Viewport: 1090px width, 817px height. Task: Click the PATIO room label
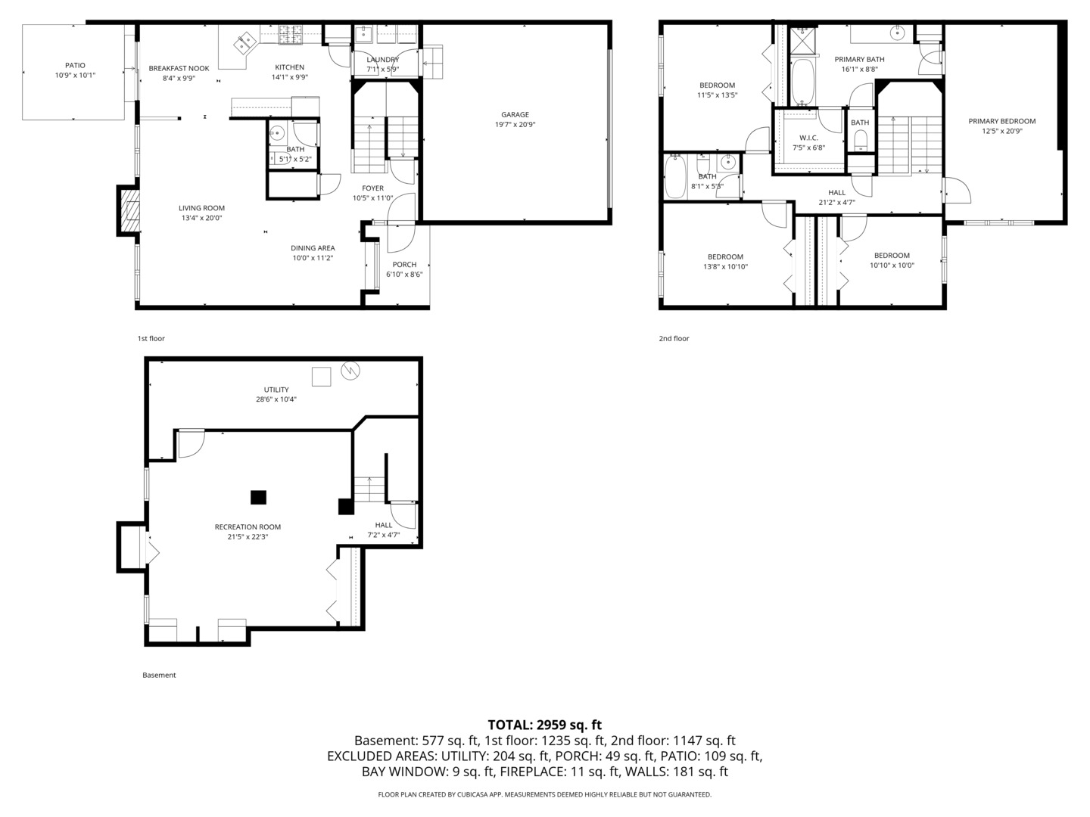coord(74,66)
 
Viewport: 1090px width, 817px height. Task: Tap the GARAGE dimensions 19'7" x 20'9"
coord(515,125)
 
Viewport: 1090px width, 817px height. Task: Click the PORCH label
coord(404,264)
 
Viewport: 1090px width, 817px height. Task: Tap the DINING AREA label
coord(313,248)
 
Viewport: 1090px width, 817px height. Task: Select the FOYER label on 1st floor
coord(372,188)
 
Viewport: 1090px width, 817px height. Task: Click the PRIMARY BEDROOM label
coord(1001,121)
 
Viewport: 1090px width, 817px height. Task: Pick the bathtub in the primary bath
coord(802,82)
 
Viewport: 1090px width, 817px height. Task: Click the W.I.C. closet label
coord(808,138)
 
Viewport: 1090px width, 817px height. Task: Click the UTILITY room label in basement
coord(276,390)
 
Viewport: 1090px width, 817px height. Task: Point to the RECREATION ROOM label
coord(248,527)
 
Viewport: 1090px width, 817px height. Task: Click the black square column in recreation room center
coord(258,497)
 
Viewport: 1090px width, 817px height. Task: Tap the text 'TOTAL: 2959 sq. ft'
coord(544,725)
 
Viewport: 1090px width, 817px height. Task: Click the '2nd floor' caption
coord(674,339)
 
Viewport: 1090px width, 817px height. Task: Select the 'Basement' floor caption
coord(159,675)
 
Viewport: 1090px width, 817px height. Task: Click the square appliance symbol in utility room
coord(322,376)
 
